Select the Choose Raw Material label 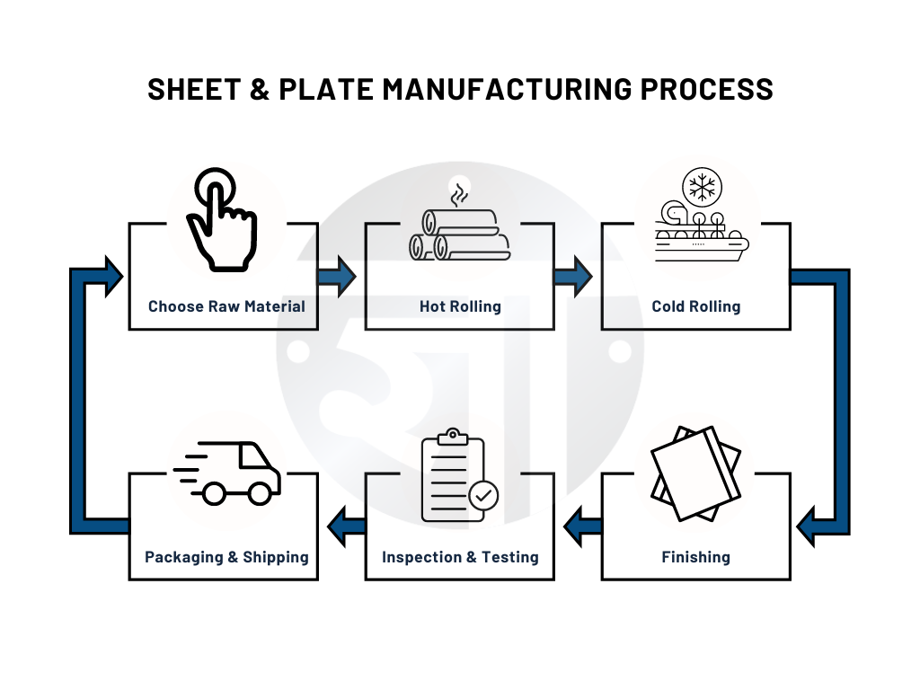pos(226,306)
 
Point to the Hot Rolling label pos(460,306)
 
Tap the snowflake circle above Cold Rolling pos(701,188)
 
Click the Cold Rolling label pos(696,306)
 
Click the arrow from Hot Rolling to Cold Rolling pos(572,277)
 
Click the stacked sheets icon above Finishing pos(696,473)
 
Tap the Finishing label pos(696,557)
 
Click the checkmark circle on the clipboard pos(484,495)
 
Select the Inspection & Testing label pos(460,557)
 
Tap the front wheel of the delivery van pos(259,493)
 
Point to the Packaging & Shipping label pos(226,557)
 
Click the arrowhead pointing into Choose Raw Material pos(111,277)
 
